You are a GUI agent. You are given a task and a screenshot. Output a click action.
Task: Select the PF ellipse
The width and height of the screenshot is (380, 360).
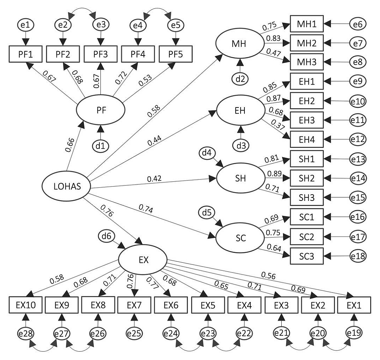[x=100, y=109]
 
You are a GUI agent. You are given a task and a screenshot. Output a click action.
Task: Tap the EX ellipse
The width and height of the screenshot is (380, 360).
[x=142, y=260]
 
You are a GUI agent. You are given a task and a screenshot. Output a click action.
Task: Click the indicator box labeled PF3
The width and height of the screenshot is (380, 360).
[x=101, y=54]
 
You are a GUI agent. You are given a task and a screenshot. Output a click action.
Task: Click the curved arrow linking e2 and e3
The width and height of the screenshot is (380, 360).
[x=82, y=12]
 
